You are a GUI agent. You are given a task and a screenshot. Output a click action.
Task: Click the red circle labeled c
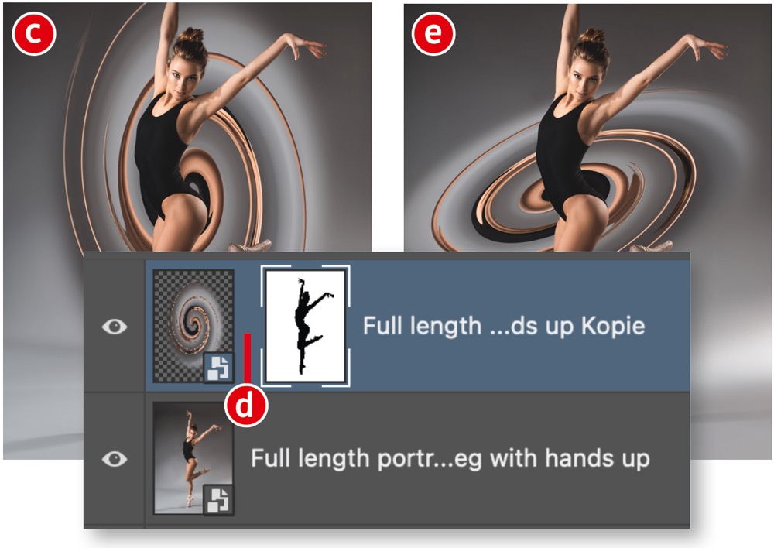point(34,33)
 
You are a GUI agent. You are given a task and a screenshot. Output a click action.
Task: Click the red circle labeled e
point(433,33)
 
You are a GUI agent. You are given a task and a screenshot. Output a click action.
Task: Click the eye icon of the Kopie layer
point(115,327)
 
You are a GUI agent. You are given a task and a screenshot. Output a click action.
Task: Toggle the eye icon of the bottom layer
point(115,459)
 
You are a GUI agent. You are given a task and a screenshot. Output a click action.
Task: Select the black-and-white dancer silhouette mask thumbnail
point(305,326)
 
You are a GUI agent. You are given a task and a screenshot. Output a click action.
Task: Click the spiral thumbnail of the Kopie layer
point(193,326)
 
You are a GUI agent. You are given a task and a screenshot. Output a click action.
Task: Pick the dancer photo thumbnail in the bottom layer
point(193,458)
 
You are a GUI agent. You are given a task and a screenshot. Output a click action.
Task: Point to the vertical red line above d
point(248,358)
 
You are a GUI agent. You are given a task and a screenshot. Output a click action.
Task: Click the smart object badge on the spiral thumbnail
point(219,368)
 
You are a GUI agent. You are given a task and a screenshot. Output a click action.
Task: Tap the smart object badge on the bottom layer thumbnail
point(219,499)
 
